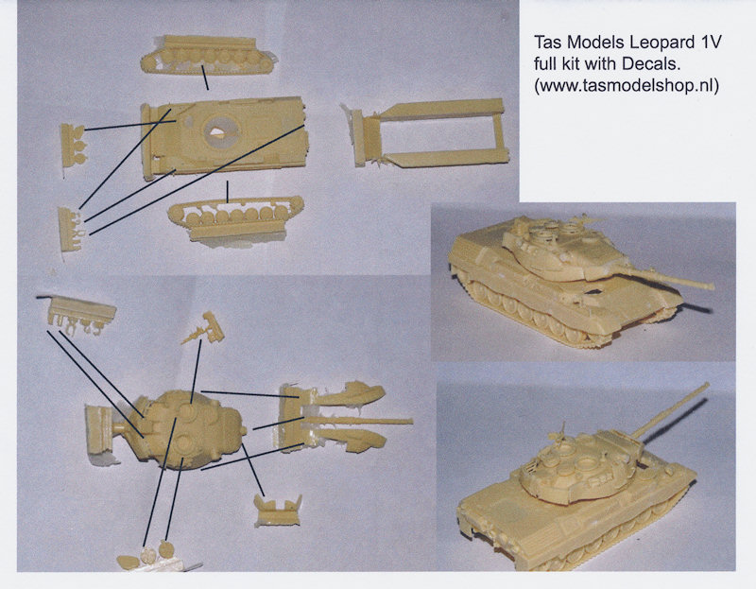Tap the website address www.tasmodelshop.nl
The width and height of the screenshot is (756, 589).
coord(627,85)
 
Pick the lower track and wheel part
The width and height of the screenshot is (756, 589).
coord(236,218)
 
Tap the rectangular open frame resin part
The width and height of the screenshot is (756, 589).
coord(428,132)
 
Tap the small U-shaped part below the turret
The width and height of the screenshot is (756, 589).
coord(278,511)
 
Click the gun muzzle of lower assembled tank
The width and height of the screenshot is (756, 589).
coord(707,385)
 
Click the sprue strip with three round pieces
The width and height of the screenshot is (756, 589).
coord(73,144)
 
